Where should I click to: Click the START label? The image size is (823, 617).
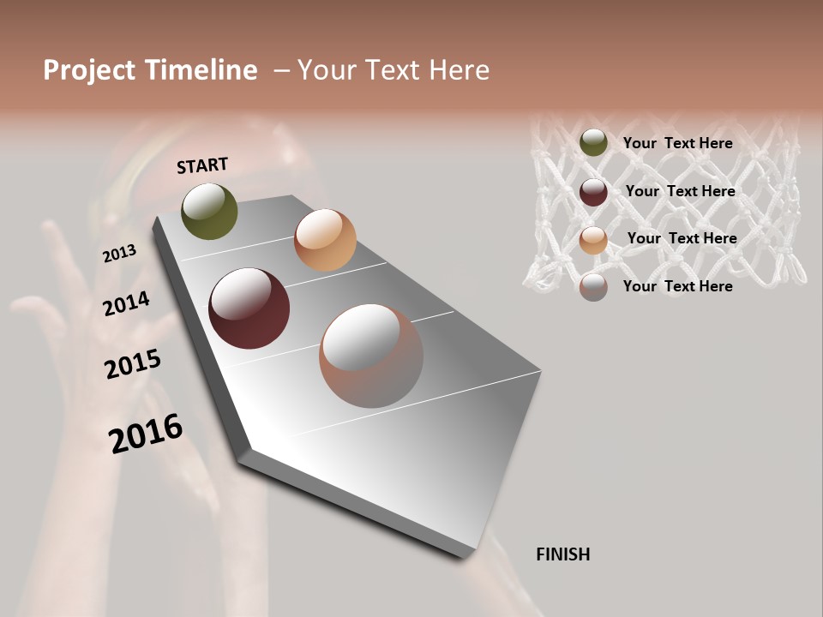click(202, 165)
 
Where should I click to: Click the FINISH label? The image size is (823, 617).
click(562, 554)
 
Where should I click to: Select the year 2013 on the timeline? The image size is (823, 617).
click(119, 254)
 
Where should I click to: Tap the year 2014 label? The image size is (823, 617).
click(126, 303)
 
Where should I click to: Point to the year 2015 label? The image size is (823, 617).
click(133, 363)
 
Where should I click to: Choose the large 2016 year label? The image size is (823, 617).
click(146, 433)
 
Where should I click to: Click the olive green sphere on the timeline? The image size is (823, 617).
click(209, 211)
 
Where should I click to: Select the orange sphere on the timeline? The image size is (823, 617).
click(325, 240)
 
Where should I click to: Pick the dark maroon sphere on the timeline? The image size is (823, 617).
click(249, 308)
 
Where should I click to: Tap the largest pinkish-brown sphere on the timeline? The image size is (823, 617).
click(371, 356)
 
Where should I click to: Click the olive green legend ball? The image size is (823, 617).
click(593, 142)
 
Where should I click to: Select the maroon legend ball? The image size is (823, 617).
click(593, 191)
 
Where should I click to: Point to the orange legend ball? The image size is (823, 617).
click(593, 239)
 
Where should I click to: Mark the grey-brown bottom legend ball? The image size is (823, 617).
click(593, 286)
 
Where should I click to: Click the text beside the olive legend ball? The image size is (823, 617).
click(677, 143)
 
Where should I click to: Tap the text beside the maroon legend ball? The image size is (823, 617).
click(680, 191)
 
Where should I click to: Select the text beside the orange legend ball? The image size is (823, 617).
click(682, 238)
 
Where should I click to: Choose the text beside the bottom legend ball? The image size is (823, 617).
click(677, 286)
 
